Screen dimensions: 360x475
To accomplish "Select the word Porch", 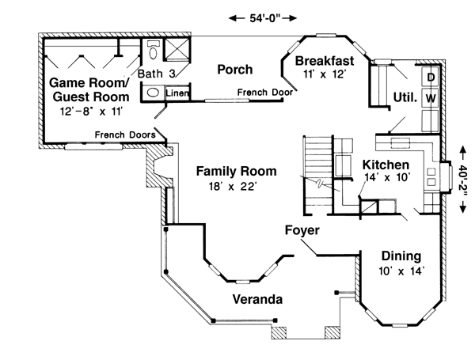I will (235, 70).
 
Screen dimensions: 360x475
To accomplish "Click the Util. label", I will (405, 97).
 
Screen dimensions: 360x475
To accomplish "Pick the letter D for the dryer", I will (431, 78).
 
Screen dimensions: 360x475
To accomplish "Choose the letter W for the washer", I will (431, 97).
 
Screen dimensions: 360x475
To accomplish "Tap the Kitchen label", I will (386, 165).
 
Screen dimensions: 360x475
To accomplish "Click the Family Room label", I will (237, 170).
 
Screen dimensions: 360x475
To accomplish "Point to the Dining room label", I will (401, 256).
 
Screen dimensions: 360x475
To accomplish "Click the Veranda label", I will (257, 300).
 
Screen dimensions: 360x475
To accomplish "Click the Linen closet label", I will (177, 93).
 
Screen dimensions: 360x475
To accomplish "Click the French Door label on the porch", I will (264, 93).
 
